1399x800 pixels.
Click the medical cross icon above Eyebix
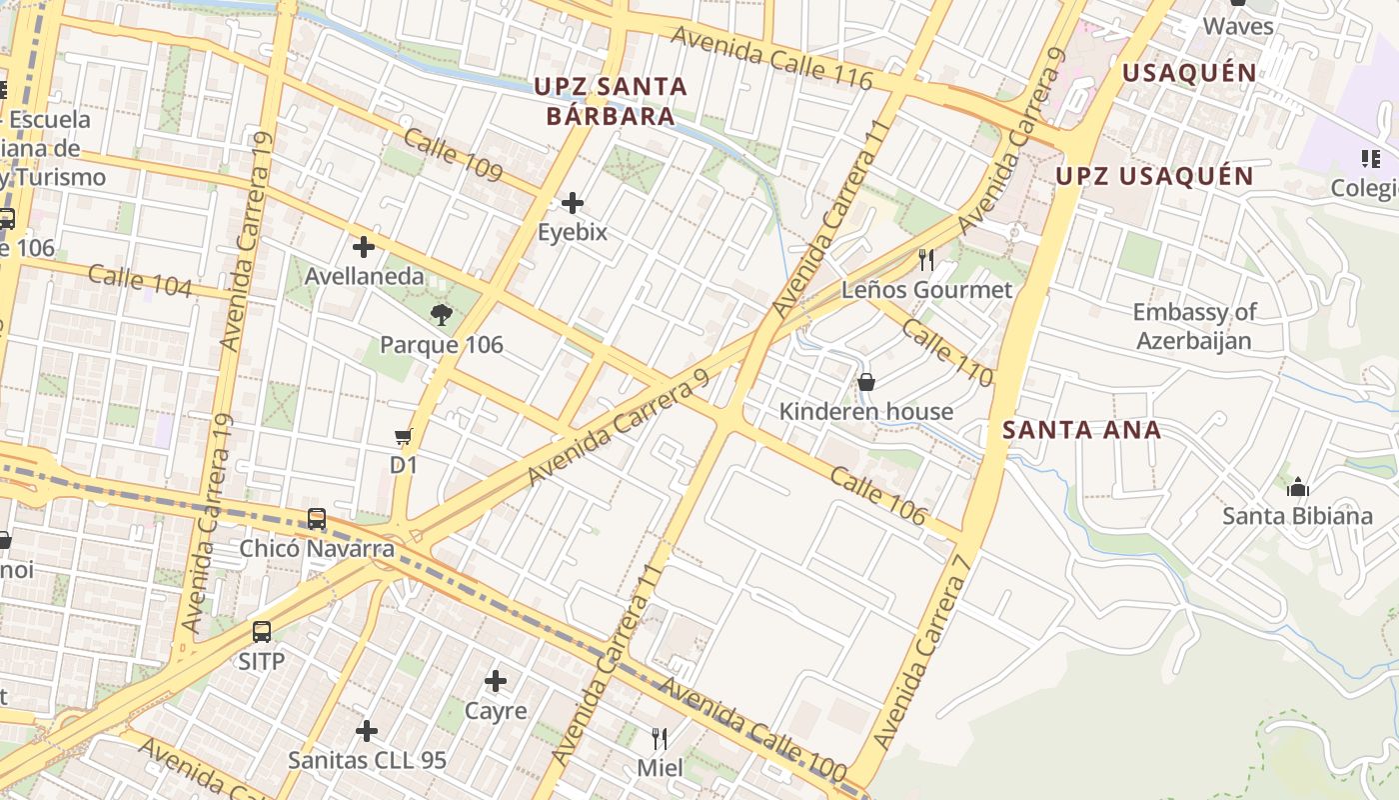(x=573, y=204)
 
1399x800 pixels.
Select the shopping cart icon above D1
(x=404, y=436)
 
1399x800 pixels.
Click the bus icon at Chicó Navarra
(x=317, y=519)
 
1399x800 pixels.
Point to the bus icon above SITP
(x=262, y=632)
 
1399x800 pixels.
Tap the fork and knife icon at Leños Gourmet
(x=926, y=261)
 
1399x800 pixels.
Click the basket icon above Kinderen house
(x=866, y=382)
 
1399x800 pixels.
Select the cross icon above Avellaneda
(x=364, y=246)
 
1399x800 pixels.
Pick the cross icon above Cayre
(x=496, y=682)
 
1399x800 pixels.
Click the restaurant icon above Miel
(x=660, y=739)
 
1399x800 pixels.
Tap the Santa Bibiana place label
(x=1298, y=516)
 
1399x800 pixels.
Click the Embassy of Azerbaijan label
(x=1194, y=326)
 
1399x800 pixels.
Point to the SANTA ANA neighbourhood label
(x=1081, y=430)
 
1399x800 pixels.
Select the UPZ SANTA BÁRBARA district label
(x=611, y=100)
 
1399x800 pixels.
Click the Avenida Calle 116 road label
(x=771, y=57)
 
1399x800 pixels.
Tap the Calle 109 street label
(x=454, y=156)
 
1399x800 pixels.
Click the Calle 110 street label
(x=947, y=353)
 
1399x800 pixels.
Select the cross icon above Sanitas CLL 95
(x=367, y=731)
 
